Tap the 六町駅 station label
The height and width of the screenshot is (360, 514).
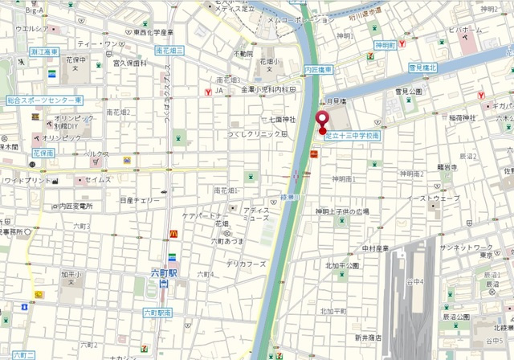(x=165, y=273)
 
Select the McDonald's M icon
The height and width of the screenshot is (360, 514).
(x=173, y=234)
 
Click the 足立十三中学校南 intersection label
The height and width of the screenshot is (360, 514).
(x=352, y=136)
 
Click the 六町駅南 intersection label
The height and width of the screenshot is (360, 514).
(x=159, y=312)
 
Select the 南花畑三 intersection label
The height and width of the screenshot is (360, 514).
(x=169, y=50)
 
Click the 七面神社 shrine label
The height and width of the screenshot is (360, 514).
(x=280, y=120)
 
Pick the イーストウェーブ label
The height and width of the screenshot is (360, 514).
(x=433, y=198)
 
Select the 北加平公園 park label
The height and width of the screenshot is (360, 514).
(x=342, y=265)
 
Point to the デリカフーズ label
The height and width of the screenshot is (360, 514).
(x=245, y=264)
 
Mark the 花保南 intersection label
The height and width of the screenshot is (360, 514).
(x=43, y=152)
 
